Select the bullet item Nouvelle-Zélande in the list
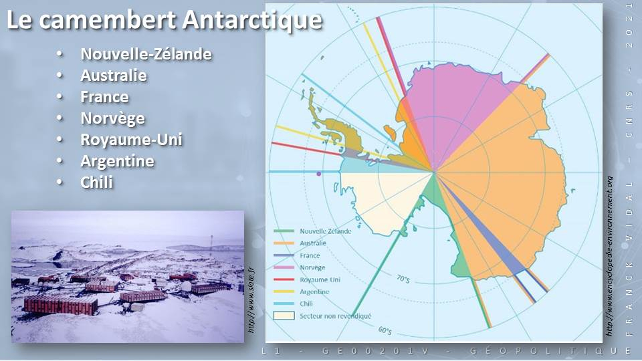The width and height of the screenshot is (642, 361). tap(146, 54)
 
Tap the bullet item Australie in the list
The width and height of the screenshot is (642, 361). tap(114, 76)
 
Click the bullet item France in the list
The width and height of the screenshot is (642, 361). tap(104, 97)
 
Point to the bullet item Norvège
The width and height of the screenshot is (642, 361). tap(112, 118)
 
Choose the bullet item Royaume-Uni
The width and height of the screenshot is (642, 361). tap(131, 140)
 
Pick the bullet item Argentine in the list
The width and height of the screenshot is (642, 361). tap(117, 161)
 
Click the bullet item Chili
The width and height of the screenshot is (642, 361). tap(96, 182)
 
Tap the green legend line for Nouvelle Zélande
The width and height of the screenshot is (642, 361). tap(284, 231)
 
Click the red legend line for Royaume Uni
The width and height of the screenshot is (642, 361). tap(284, 279)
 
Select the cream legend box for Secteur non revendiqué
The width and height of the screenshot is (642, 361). tap(284, 316)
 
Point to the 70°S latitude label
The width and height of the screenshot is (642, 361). tap(403, 279)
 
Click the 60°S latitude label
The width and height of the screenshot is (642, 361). tap(385, 330)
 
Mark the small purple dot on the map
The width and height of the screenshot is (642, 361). tap(319, 174)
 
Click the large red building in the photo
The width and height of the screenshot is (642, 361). tap(61, 305)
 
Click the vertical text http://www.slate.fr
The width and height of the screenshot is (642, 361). tap(251, 300)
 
